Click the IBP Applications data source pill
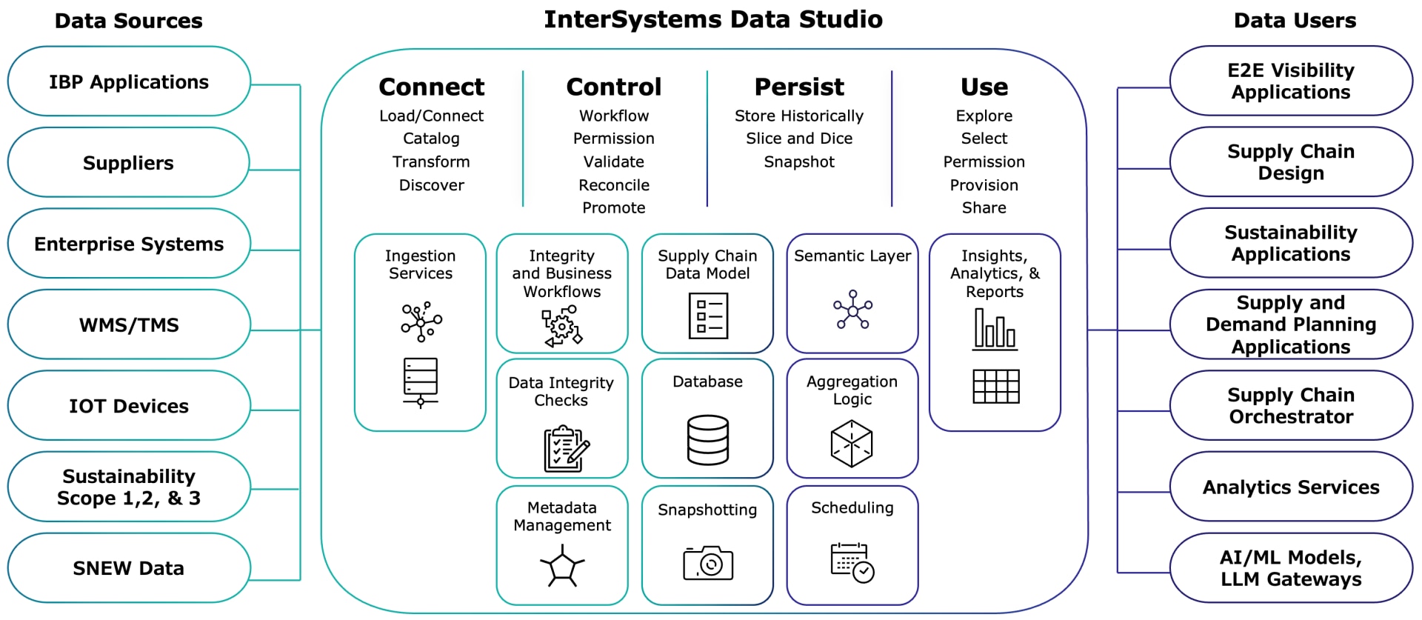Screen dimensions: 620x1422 (x=129, y=81)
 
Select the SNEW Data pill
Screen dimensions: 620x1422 (x=129, y=568)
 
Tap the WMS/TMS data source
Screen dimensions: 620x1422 (x=129, y=324)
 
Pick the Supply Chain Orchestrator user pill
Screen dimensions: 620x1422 (x=1291, y=406)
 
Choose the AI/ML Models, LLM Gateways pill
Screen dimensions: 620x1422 (x=1291, y=568)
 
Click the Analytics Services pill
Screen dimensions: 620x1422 (x=1291, y=487)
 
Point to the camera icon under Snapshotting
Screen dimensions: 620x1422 (x=708, y=564)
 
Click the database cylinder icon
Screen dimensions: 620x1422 (x=708, y=439)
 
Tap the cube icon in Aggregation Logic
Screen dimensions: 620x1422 (x=852, y=444)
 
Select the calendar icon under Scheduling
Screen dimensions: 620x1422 (x=852, y=562)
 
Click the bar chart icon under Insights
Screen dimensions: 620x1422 (x=995, y=328)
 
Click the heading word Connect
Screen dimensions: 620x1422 (x=431, y=87)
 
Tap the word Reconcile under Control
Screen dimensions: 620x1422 (x=614, y=185)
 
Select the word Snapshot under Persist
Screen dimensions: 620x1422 (x=799, y=162)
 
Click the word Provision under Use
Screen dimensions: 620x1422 (x=984, y=185)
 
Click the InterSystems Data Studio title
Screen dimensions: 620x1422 (x=712, y=20)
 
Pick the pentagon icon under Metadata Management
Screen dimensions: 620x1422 (x=562, y=567)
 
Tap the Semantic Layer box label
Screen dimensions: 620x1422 (x=852, y=256)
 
